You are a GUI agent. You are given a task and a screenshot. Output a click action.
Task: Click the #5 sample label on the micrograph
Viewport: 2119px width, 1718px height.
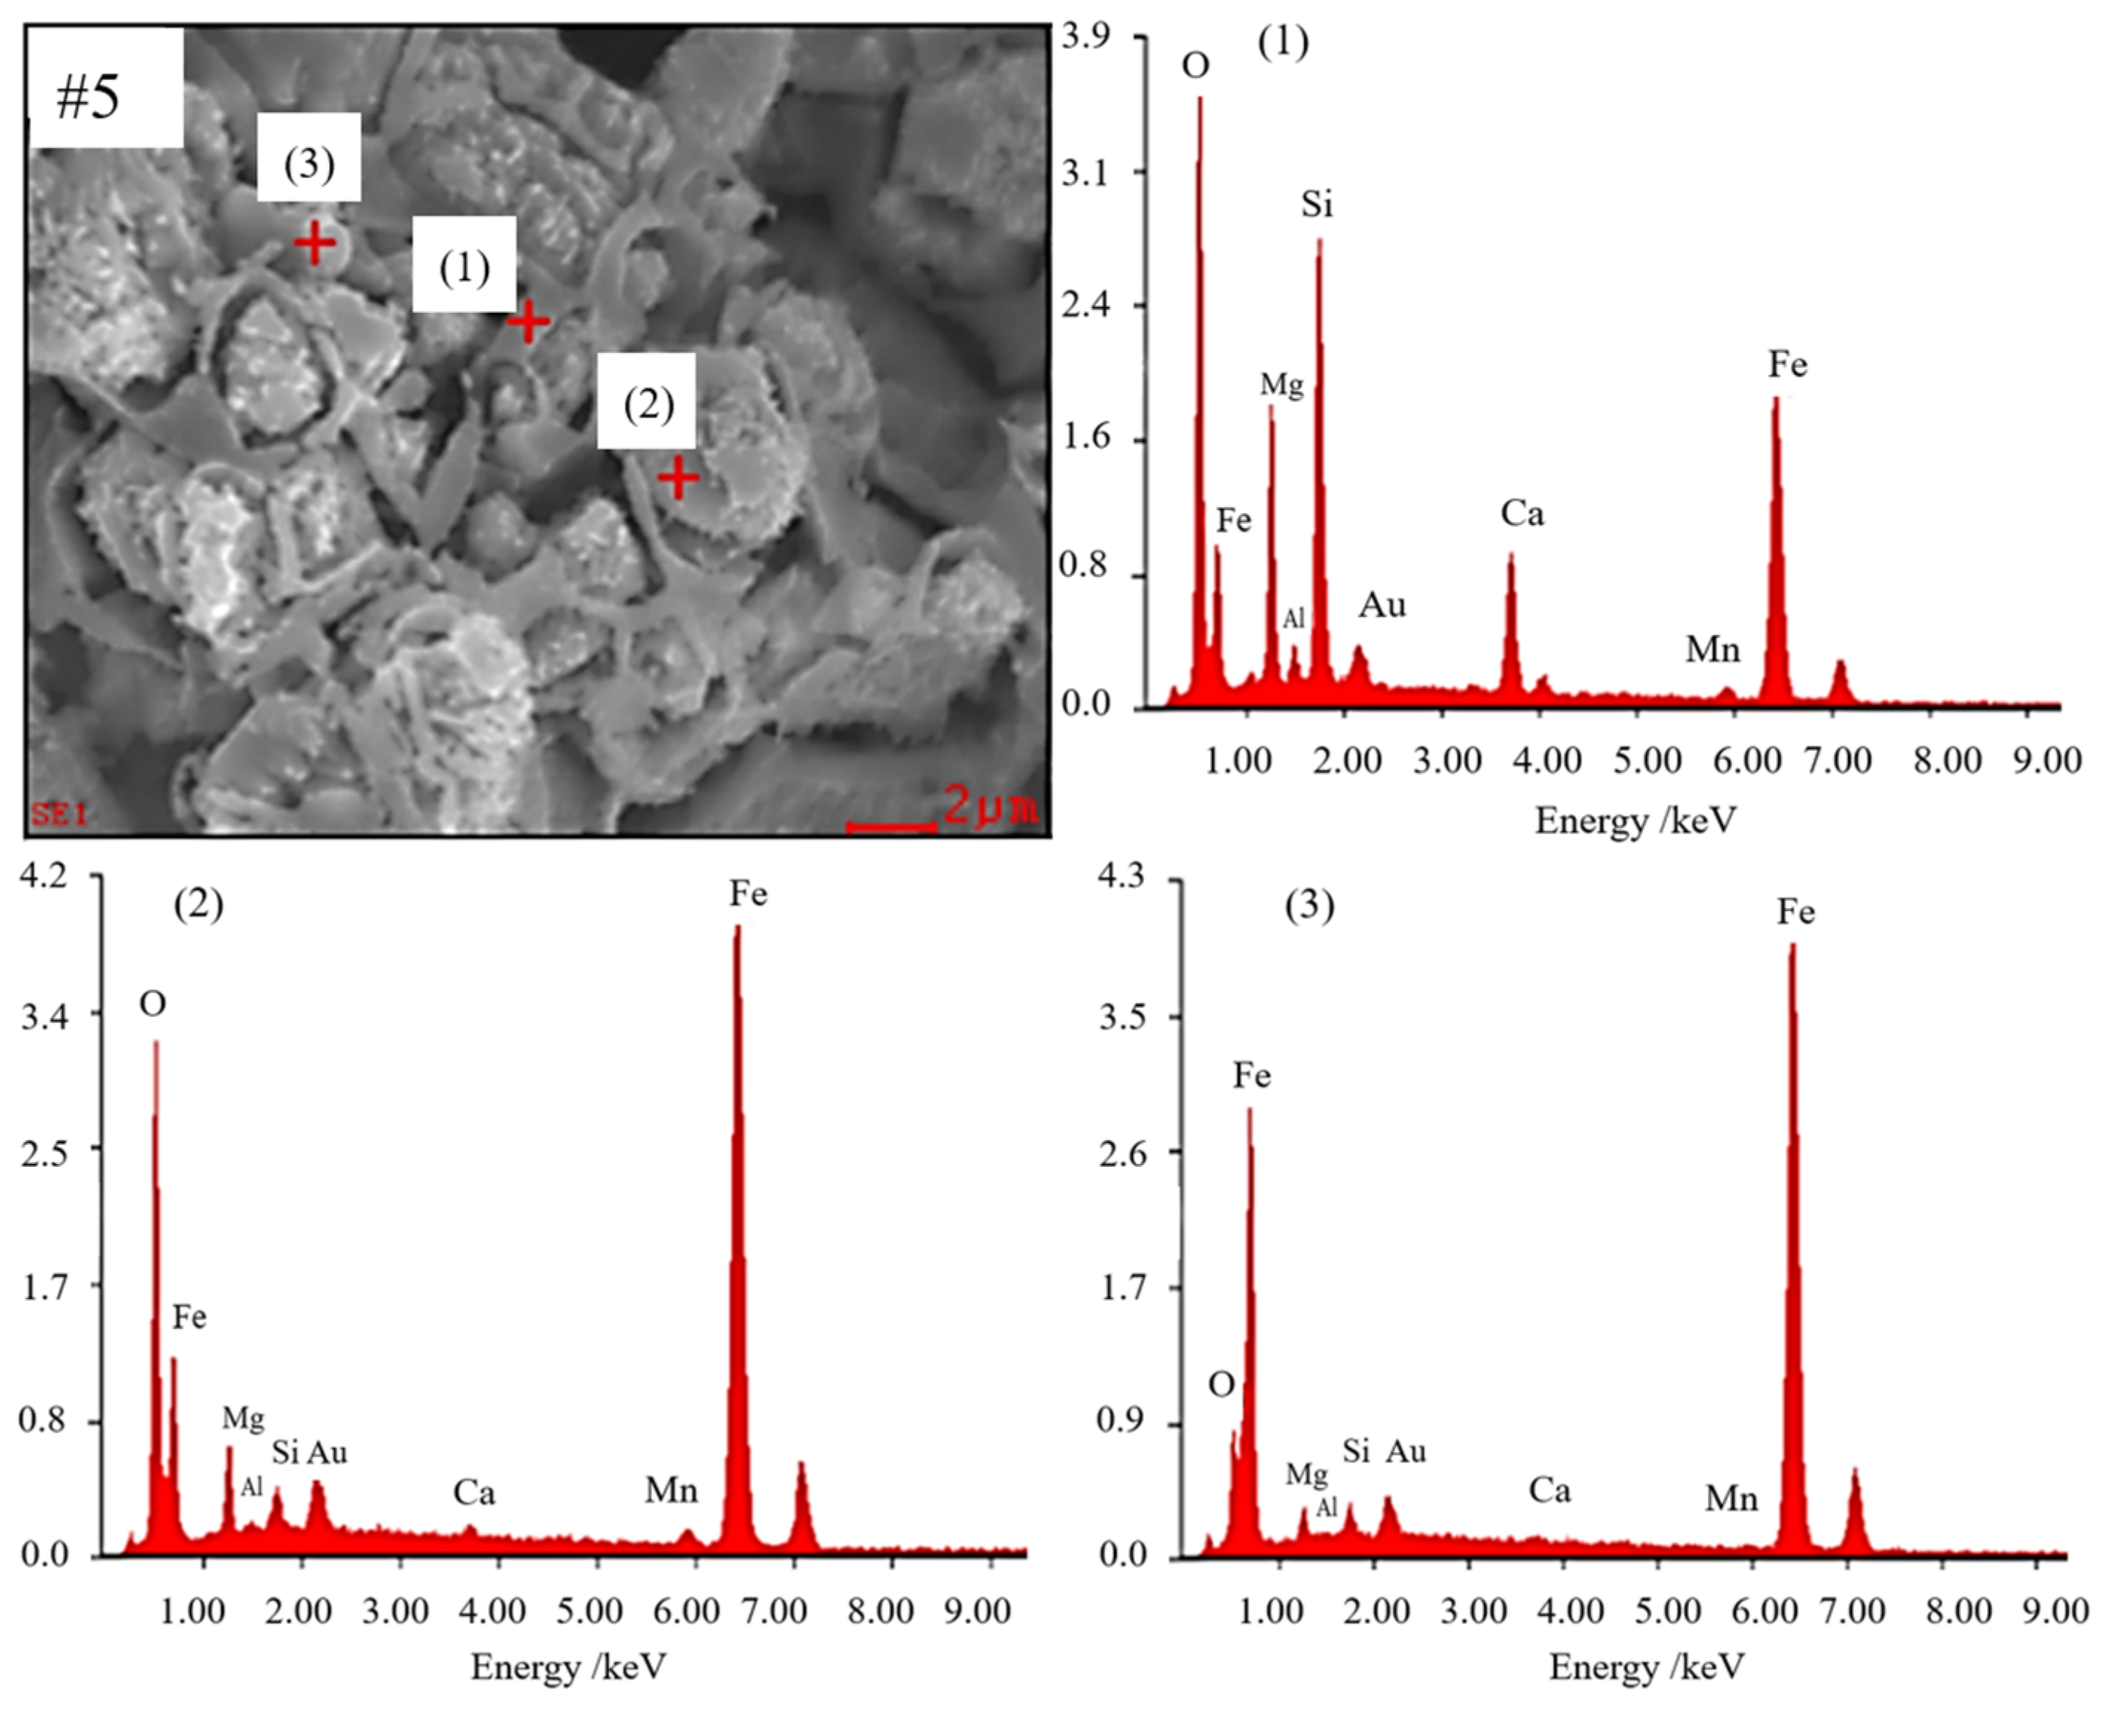(x=89, y=97)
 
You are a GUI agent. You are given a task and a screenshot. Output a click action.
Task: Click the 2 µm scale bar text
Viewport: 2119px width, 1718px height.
(x=990, y=806)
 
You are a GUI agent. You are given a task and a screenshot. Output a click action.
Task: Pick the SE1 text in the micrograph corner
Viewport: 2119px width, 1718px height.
(x=59, y=815)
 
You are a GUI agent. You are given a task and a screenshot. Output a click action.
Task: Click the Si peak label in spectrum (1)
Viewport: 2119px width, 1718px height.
(x=1316, y=205)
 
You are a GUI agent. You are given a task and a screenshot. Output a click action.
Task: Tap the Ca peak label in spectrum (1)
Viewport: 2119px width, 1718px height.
(x=1521, y=514)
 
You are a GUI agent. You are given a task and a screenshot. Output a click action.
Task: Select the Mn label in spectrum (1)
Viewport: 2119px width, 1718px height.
(x=1712, y=650)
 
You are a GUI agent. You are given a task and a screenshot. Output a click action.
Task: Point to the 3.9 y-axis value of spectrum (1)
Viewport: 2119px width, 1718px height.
(x=1086, y=36)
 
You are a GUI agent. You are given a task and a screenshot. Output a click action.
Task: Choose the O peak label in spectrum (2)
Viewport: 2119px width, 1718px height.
(x=152, y=1004)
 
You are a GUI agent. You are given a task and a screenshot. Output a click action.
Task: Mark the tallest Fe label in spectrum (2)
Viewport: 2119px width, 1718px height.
(x=748, y=894)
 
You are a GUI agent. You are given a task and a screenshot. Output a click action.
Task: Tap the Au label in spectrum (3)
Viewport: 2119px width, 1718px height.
(x=1405, y=1452)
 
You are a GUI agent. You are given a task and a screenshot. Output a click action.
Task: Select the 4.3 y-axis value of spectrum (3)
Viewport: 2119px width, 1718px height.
(x=1122, y=876)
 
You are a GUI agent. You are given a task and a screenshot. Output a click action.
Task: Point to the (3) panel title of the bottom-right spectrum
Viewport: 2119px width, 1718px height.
(x=1309, y=905)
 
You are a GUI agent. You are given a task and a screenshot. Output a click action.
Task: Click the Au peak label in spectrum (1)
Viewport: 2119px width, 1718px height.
(x=1381, y=605)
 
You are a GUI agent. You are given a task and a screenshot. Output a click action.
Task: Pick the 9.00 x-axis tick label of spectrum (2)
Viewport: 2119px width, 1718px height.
(x=976, y=1611)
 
